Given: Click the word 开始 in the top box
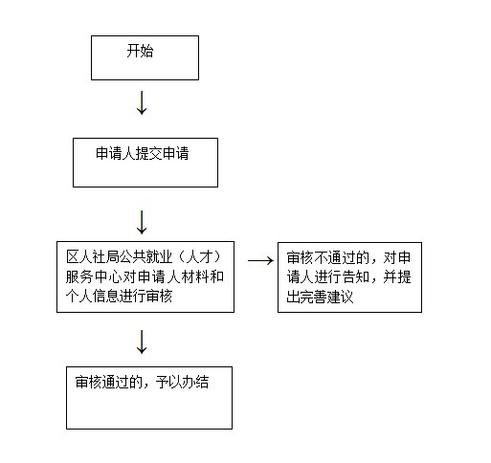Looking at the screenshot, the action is [x=140, y=51].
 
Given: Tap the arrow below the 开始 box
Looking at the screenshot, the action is [x=142, y=102].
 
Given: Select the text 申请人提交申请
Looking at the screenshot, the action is [x=143, y=153].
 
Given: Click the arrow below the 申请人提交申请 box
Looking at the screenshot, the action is [x=142, y=222].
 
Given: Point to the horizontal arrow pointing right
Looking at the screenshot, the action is [x=260, y=261].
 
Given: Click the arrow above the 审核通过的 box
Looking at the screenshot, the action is [x=142, y=342].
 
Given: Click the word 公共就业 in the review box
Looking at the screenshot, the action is [x=145, y=256].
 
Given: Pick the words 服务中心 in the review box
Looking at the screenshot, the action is [x=94, y=276].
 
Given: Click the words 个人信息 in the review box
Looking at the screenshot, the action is [x=93, y=296].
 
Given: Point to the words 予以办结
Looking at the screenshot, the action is [x=182, y=382].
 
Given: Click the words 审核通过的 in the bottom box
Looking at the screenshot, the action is [x=108, y=382].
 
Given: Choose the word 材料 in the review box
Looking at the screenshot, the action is [x=195, y=276].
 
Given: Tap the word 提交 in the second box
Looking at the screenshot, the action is [x=149, y=153].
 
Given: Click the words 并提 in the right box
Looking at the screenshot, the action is [x=397, y=276].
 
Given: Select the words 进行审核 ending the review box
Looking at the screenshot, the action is [x=145, y=296].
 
